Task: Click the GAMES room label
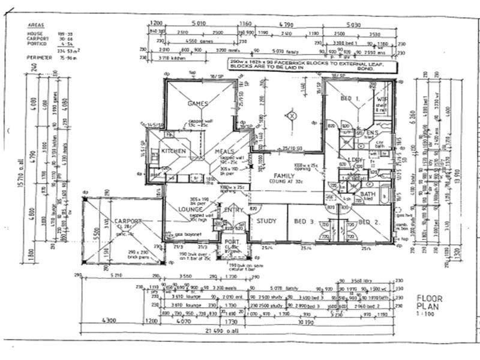[198, 103]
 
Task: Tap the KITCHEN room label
[174, 151]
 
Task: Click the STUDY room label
[266, 221]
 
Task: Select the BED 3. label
[304, 221]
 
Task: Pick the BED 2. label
[368, 221]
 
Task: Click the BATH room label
[368, 194]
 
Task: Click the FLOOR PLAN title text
[430, 301]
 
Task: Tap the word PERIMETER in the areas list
[40, 58]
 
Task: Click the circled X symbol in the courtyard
[292, 115]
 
